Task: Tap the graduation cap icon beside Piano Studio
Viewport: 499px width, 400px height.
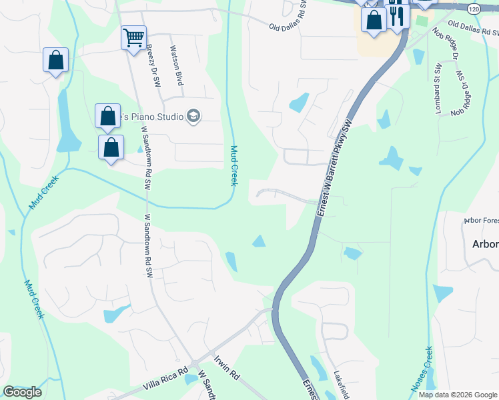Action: click(x=193, y=117)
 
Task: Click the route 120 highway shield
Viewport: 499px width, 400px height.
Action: click(x=474, y=9)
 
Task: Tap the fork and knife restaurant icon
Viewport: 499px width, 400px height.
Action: click(x=397, y=15)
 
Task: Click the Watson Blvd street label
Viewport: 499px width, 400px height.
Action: click(x=177, y=65)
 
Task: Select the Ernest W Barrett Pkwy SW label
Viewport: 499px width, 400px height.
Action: click(x=334, y=167)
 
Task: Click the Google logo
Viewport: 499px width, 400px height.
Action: click(x=22, y=391)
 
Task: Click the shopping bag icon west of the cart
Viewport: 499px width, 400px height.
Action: click(x=55, y=60)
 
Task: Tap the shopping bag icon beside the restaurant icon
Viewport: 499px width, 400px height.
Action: click(x=374, y=20)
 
